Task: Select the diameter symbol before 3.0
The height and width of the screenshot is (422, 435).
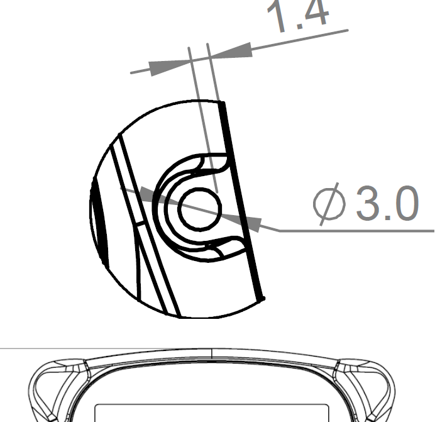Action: coord(329,204)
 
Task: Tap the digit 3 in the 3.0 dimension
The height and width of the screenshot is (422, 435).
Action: coord(370,203)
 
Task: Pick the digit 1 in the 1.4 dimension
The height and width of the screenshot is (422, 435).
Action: coord(276,16)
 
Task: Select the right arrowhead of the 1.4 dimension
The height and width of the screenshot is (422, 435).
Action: coord(231,51)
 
